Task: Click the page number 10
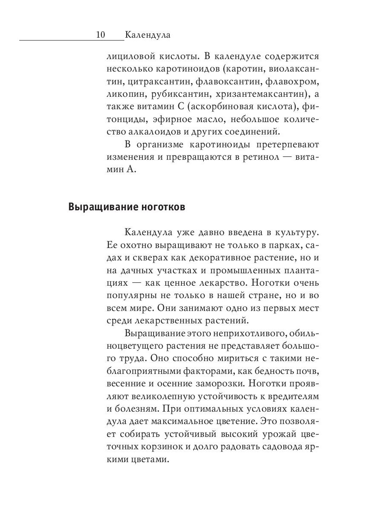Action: pyautogui.click(x=101, y=35)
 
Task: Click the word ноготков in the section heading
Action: pyautogui.click(x=162, y=208)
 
